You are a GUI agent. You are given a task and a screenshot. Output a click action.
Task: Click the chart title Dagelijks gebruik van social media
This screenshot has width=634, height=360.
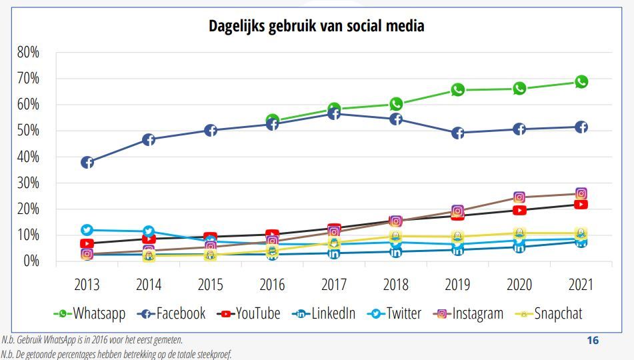tap(317, 26)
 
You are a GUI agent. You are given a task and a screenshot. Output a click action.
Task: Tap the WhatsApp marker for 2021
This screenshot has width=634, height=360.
tap(581, 82)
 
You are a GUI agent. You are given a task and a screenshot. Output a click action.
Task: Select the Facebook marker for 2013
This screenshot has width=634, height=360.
tap(87, 163)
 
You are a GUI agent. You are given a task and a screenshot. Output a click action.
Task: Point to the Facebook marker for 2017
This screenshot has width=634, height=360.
tap(334, 114)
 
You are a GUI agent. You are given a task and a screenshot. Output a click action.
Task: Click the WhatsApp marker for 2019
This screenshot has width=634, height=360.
tap(457, 90)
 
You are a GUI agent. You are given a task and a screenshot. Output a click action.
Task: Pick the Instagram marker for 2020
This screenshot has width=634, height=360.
tap(519, 197)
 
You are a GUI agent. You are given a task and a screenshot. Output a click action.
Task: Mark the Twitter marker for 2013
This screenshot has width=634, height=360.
tap(87, 231)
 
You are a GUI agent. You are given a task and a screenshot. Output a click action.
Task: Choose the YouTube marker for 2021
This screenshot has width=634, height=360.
tap(581, 205)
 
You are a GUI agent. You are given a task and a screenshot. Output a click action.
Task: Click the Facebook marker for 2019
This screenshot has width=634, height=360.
tap(457, 133)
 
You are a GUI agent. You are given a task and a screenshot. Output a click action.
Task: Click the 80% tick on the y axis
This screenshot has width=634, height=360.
tap(28, 52)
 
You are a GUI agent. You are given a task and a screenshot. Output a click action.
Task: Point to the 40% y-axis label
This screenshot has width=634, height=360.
tap(28, 157)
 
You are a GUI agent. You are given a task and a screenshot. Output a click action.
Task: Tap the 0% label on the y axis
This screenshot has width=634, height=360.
tap(31, 261)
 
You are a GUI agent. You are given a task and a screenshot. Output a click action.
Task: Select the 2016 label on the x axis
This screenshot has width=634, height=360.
tap(272, 285)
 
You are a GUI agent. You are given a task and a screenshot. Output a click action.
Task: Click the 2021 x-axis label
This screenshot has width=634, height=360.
tap(581, 285)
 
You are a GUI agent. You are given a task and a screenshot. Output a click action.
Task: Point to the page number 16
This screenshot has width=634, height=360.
tap(592, 341)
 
